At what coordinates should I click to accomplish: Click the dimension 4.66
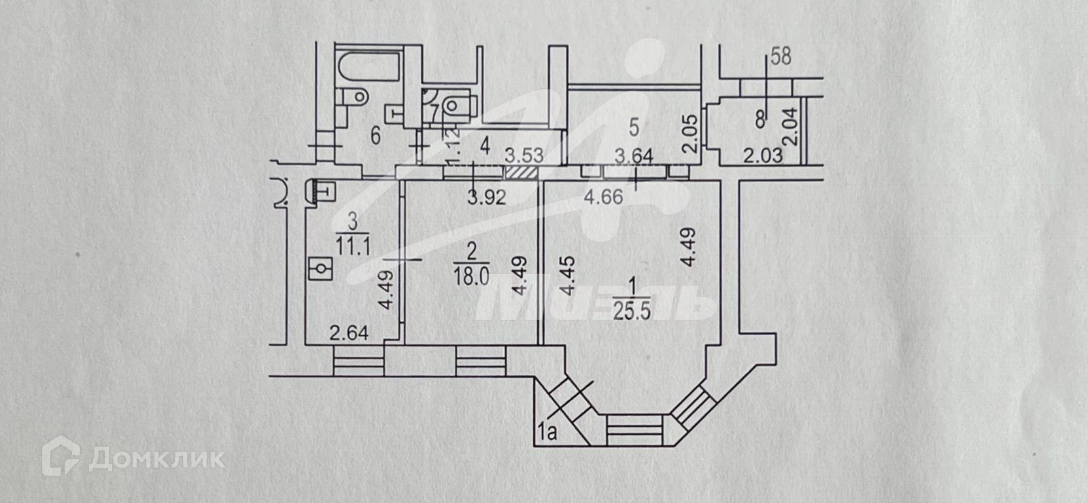tap(603, 198)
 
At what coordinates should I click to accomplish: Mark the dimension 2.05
tap(690, 134)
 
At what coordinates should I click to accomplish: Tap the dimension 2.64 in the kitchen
tap(349, 334)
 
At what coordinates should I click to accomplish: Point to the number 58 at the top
tap(781, 57)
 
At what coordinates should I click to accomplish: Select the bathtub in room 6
tap(366, 65)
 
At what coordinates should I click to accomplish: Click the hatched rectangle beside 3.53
tap(524, 173)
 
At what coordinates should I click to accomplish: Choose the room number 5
tap(634, 126)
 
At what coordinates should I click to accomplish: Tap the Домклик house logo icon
tap(59, 458)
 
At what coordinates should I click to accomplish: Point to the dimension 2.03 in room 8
tap(762, 156)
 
